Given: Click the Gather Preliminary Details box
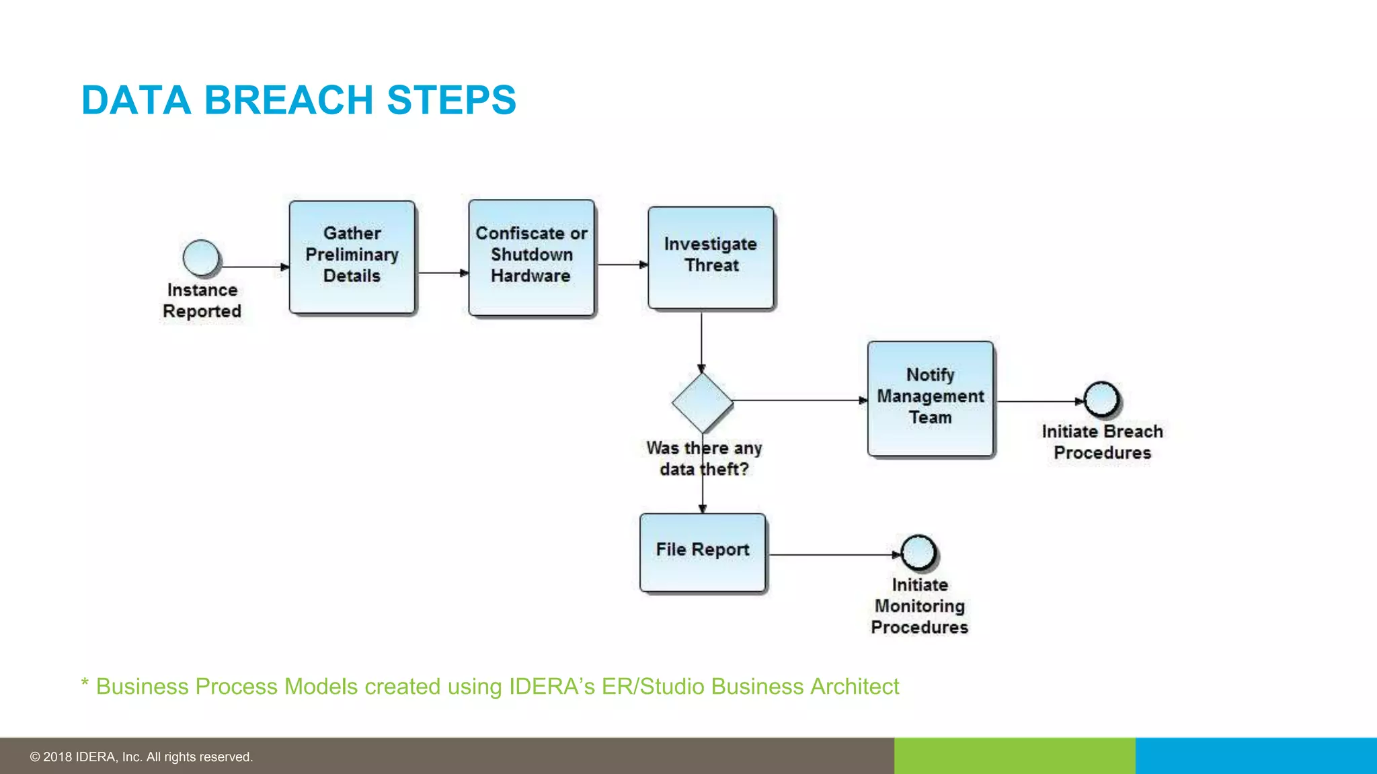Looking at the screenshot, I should pos(352,257).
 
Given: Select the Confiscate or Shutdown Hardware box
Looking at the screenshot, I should pos(531,257).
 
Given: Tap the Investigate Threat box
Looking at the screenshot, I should pos(711,258).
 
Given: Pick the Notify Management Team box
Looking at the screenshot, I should pos(931,398).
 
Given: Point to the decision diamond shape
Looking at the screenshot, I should pos(702,402).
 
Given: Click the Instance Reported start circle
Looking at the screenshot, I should pos(201,258).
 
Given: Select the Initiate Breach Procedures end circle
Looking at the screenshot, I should pos(1101,399).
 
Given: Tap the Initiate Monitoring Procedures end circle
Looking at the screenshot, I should pos(918,552).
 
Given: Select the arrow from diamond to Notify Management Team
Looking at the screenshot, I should pos(800,400).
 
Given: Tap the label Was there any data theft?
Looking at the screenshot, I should pos(704,458).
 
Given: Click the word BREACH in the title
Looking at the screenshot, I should pos(288,100).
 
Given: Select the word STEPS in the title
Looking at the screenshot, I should pos(451,100).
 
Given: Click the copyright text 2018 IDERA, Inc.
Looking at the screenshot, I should pos(141,757).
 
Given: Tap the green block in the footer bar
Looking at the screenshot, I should pos(1014,756).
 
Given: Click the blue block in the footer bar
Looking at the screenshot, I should pos(1256,756).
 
